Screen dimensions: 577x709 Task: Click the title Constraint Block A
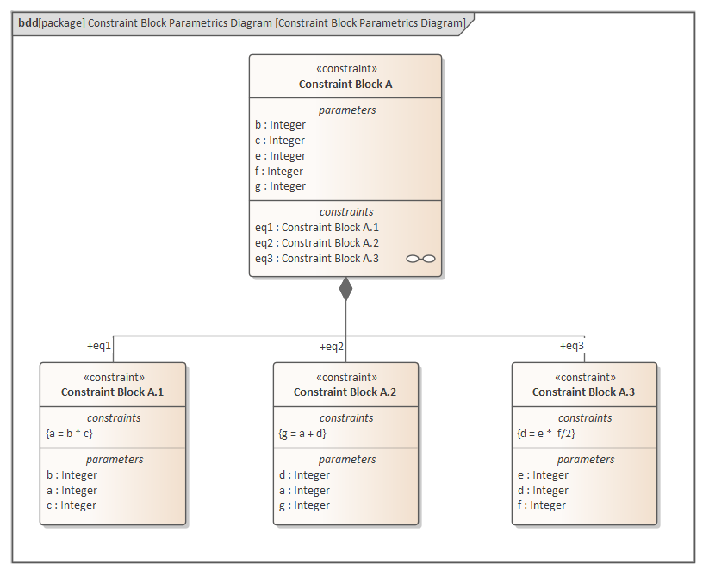(345, 84)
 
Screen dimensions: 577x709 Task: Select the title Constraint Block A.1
(112, 392)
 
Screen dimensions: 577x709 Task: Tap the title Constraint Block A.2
(345, 392)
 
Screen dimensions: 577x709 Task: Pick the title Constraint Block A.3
(583, 392)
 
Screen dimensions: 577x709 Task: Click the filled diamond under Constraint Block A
(345, 289)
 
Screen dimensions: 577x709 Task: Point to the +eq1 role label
(99, 346)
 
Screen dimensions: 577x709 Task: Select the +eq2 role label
(332, 346)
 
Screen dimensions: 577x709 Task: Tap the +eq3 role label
(571, 346)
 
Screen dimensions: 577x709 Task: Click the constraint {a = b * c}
(70, 433)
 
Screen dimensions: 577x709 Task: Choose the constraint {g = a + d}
(302, 433)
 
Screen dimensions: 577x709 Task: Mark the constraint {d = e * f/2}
(547, 433)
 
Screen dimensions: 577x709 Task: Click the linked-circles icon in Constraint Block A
(420, 258)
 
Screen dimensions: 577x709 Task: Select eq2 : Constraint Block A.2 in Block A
(317, 242)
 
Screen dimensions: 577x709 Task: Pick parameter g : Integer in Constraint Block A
(280, 186)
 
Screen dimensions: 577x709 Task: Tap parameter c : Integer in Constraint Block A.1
(72, 505)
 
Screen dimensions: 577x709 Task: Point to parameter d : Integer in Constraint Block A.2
(305, 474)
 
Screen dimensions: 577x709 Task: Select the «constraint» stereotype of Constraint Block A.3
(584, 377)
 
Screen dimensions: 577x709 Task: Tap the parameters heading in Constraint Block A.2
(346, 460)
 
